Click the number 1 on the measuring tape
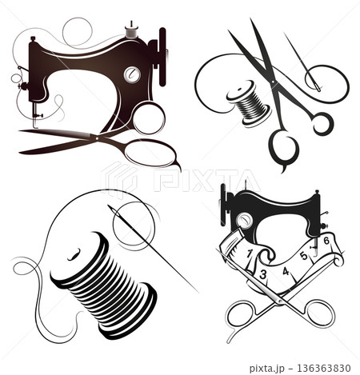[x=250, y=253]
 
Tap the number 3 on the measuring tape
[x=263, y=274]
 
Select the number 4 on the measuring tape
[x=286, y=272]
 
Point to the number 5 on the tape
[x=304, y=256]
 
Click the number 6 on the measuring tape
[x=326, y=241]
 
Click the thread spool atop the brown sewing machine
[x=131, y=31]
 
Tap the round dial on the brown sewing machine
[x=132, y=74]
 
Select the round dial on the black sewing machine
[x=244, y=221]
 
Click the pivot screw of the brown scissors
[x=97, y=138]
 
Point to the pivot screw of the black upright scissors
[x=273, y=82]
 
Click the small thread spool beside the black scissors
[x=249, y=103]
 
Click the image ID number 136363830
[x=323, y=369]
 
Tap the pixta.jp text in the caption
[x=266, y=369]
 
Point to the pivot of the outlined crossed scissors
[x=279, y=301]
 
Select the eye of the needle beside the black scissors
[x=317, y=86]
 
